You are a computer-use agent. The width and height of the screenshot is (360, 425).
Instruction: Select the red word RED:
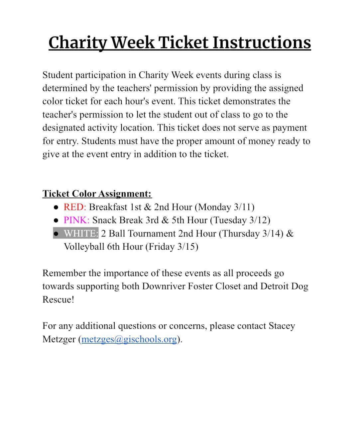pos(75,207)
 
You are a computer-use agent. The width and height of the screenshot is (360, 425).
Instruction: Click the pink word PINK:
pos(76,220)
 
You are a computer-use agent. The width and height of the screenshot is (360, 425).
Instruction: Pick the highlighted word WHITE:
pos(81,233)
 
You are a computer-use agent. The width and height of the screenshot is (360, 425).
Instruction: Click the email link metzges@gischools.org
pos(129,339)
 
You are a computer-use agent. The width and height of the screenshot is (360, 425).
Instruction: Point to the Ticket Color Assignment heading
pos(97,194)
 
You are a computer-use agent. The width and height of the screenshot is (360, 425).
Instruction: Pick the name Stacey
pos(282,326)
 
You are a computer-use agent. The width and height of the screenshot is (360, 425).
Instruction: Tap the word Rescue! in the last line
pos(58,299)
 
